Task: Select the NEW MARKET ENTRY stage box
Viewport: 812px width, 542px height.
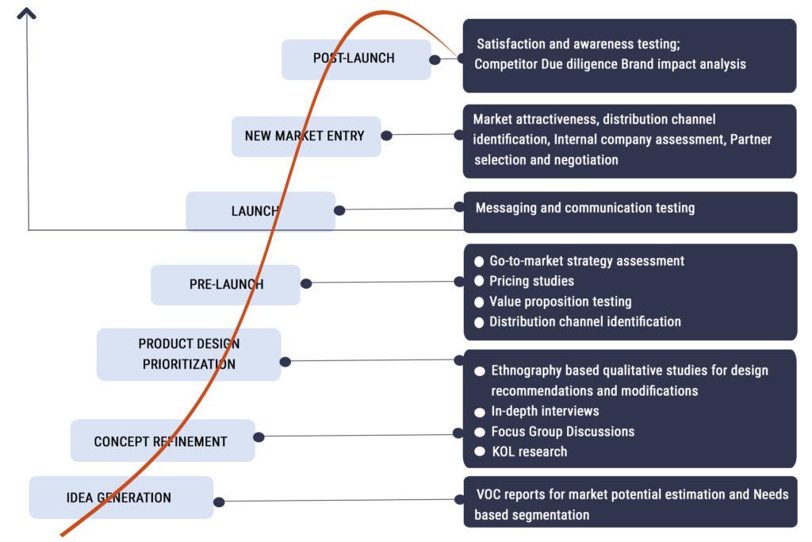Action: click(x=305, y=136)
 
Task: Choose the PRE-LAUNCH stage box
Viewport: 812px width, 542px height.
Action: click(x=225, y=284)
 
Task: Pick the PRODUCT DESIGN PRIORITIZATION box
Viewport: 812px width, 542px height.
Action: click(x=189, y=354)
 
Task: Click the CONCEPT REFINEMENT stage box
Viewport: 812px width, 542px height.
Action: click(x=162, y=441)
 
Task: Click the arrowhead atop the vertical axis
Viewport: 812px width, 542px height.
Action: click(x=27, y=13)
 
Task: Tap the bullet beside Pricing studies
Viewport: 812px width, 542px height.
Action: click(x=479, y=281)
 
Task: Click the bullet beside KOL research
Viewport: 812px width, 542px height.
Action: click(x=480, y=452)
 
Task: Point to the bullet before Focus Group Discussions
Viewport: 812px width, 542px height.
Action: click(x=480, y=432)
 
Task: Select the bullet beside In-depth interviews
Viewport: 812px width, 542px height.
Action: click(x=480, y=412)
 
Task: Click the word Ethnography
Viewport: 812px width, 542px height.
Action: click(x=527, y=371)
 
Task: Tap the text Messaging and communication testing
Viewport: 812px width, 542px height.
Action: click(x=584, y=208)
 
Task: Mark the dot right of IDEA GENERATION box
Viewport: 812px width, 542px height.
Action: click(x=219, y=502)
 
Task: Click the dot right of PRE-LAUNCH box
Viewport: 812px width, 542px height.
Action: click(x=306, y=283)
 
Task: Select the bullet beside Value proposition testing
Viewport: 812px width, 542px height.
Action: click(x=479, y=302)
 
